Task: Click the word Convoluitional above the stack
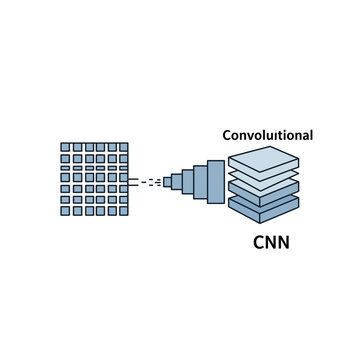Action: [267, 134]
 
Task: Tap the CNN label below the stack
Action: [271, 243]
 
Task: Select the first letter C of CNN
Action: [257, 243]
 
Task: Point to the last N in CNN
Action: [284, 243]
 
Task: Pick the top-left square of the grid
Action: [65, 147]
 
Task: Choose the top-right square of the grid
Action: [123, 147]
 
